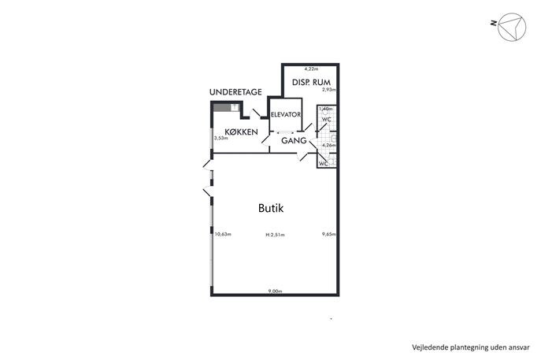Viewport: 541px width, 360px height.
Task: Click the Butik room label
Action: [271, 208]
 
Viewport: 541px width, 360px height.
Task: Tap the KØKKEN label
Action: [241, 132]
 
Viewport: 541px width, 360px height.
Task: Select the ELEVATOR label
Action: [286, 114]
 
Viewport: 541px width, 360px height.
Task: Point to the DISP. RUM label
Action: [311, 82]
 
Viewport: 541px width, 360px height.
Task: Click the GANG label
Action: [294, 140]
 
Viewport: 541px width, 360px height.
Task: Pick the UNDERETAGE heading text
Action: [235, 92]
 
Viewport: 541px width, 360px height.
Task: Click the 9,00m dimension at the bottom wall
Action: [275, 291]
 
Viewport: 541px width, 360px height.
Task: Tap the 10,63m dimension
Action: [223, 234]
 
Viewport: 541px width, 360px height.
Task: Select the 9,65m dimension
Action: [329, 234]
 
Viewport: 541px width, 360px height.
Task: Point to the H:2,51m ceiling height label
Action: [275, 235]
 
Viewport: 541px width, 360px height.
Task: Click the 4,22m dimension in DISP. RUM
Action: [311, 69]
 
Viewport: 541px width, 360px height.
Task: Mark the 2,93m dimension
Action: [329, 90]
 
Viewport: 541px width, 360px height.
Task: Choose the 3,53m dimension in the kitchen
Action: [221, 138]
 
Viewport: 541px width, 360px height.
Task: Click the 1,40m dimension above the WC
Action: [326, 109]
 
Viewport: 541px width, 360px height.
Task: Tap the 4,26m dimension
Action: [329, 145]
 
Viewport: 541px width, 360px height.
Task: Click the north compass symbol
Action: [512, 27]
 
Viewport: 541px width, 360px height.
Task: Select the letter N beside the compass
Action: [494, 23]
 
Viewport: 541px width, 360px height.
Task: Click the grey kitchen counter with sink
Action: [226, 107]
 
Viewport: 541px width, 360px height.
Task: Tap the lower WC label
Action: [324, 164]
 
